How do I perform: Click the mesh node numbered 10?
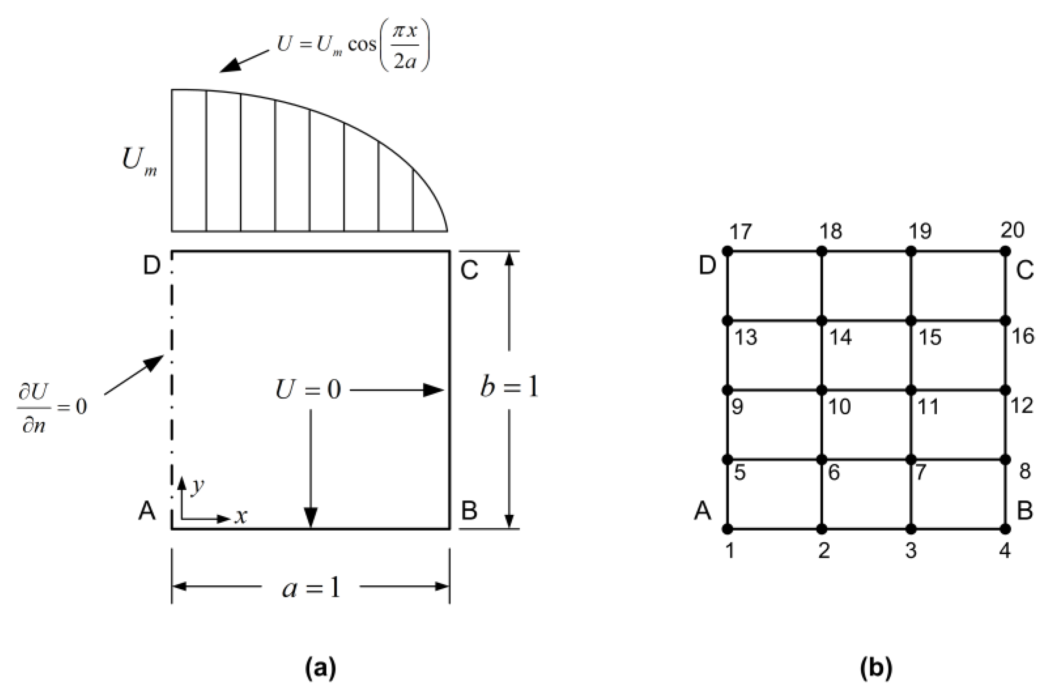[x=822, y=390]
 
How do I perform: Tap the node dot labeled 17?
[x=728, y=251]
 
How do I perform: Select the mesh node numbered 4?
[x=1006, y=528]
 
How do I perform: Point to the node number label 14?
[x=840, y=338]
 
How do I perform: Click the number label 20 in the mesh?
[x=1013, y=230]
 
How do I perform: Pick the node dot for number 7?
[x=911, y=460]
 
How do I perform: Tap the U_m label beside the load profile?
[x=139, y=162]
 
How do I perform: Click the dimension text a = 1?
[x=311, y=588]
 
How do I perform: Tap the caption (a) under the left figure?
[x=321, y=668]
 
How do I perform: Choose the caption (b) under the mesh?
[x=876, y=668]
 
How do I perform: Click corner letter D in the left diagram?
[x=152, y=265]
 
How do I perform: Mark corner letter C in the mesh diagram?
[x=1024, y=270]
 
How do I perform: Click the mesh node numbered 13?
[x=728, y=320]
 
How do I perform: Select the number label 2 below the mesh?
[x=824, y=550]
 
